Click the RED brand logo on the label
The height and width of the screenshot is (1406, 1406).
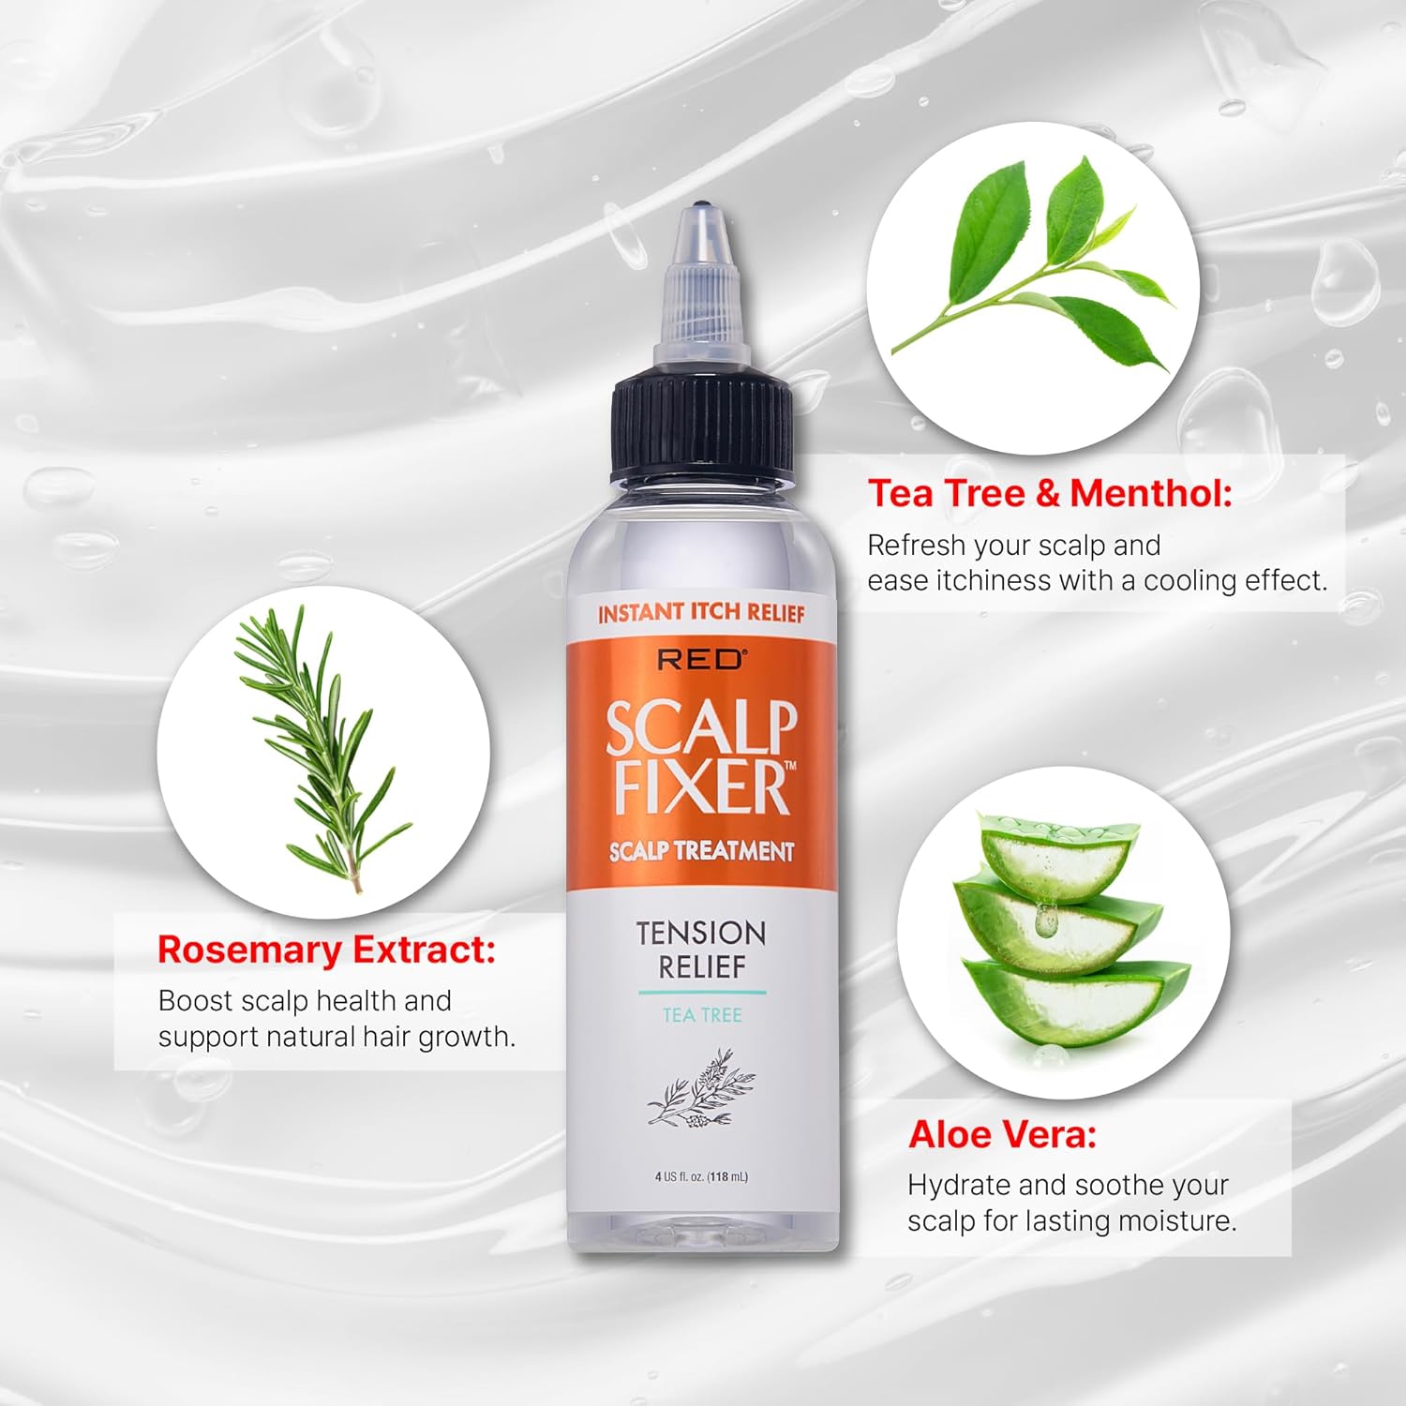point(701,660)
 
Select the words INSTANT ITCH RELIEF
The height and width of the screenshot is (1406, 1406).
point(701,613)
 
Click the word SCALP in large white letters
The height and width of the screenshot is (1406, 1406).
point(701,727)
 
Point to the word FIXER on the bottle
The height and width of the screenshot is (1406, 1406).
point(698,787)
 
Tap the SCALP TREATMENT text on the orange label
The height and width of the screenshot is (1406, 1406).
point(701,851)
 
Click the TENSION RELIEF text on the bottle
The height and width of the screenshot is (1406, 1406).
point(701,949)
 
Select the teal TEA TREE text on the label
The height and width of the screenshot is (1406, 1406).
point(702,1015)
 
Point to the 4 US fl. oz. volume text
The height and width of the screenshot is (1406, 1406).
point(701,1176)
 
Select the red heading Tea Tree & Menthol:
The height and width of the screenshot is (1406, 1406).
point(1050,493)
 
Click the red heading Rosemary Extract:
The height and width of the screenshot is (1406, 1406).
point(326,950)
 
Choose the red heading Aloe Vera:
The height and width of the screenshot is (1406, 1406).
point(1002,1134)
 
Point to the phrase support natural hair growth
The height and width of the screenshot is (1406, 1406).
point(337,1037)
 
